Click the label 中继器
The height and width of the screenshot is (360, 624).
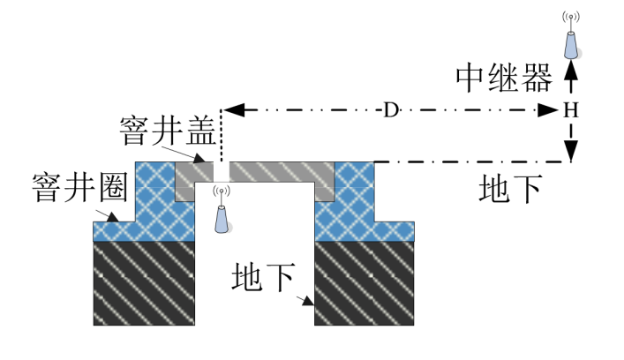tap(504, 78)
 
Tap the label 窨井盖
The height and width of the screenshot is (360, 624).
tap(168, 131)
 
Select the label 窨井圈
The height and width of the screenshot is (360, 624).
tap(80, 187)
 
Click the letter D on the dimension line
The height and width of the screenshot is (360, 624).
tap(391, 109)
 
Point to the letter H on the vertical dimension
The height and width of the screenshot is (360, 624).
tap(571, 110)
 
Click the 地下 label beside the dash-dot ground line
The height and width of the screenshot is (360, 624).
tap(510, 189)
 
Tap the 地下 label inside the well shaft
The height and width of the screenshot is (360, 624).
tap(263, 277)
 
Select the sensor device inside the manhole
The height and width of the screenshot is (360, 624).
tap(222, 210)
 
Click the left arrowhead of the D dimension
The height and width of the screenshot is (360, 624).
tap(234, 109)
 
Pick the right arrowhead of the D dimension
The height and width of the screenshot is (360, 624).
tap(548, 110)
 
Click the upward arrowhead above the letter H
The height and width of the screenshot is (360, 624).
tap(571, 70)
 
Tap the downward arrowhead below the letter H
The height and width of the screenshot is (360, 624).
tap(571, 151)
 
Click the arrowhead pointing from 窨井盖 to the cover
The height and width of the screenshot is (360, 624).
tap(199, 158)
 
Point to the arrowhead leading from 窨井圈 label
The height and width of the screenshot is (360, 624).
tap(112, 217)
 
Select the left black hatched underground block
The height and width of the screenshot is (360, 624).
tap(144, 283)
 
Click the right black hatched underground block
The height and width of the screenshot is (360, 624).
tap(365, 283)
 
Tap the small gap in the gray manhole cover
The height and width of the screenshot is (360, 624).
tap(222, 172)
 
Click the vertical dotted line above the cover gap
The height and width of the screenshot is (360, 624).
tap(222, 136)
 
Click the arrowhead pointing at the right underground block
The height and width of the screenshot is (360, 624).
tap(308, 301)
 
